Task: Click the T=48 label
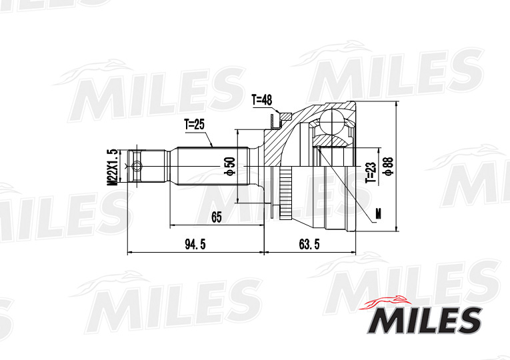click(x=262, y=100)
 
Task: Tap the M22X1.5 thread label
click(x=113, y=166)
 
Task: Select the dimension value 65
click(x=216, y=216)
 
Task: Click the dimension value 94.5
click(x=194, y=245)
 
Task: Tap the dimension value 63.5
click(x=309, y=245)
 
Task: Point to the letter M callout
click(x=378, y=213)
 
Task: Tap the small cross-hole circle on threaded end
click(x=137, y=165)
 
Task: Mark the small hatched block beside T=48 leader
click(x=273, y=120)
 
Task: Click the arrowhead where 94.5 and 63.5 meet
click(x=265, y=253)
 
